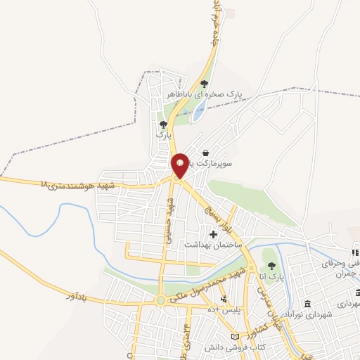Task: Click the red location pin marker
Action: pyautogui.click(x=180, y=165)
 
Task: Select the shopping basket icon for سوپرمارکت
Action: pyautogui.click(x=205, y=153)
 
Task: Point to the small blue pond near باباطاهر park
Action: pyautogui.click(x=200, y=109)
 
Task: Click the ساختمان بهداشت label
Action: pyautogui.click(x=212, y=244)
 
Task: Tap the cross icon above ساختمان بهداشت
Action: pyautogui.click(x=213, y=233)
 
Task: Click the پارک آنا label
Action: pyautogui.click(x=271, y=277)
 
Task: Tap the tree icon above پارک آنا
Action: pyautogui.click(x=271, y=265)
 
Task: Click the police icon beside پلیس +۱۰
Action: pyautogui.click(x=224, y=299)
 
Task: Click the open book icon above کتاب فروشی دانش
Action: pyautogui.click(x=244, y=337)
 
